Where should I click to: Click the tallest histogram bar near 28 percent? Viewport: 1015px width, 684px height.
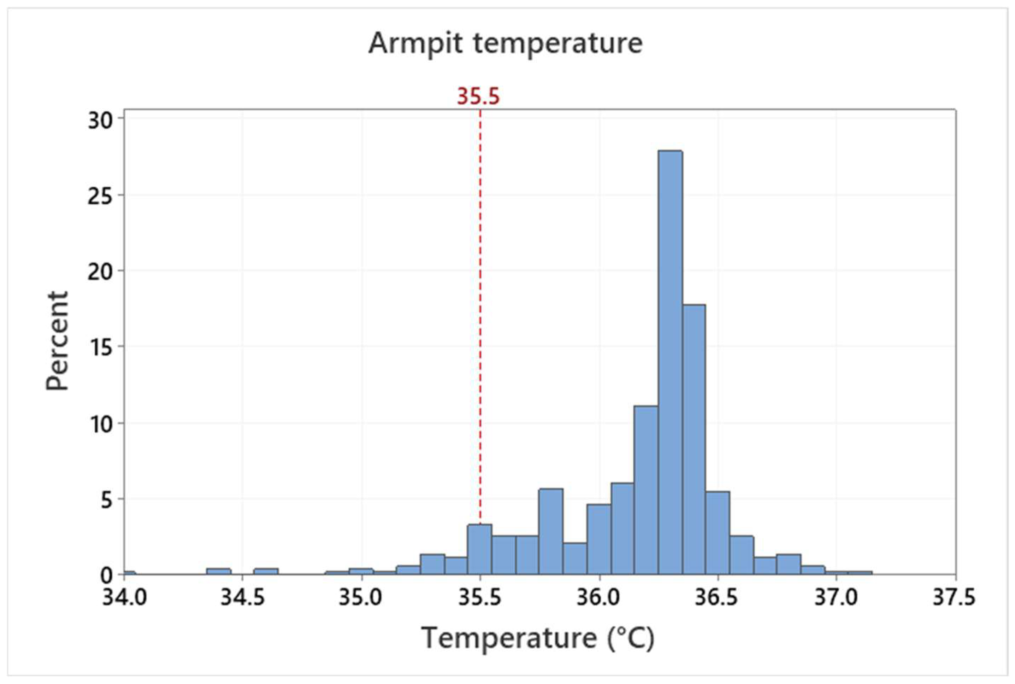670,362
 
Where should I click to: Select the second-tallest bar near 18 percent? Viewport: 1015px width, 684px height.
694,439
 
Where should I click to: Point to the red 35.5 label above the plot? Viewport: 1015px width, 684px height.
478,97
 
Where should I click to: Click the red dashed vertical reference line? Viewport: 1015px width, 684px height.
480,305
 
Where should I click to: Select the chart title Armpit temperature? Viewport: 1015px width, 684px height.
505,43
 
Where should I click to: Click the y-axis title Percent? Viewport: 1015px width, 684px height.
58,341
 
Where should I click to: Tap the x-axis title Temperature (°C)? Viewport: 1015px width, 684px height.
538,638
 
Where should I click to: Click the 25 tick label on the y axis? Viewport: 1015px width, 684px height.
101,196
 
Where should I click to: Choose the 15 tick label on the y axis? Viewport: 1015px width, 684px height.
101,347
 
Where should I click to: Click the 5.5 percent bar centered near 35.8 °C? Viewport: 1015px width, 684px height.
551,531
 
